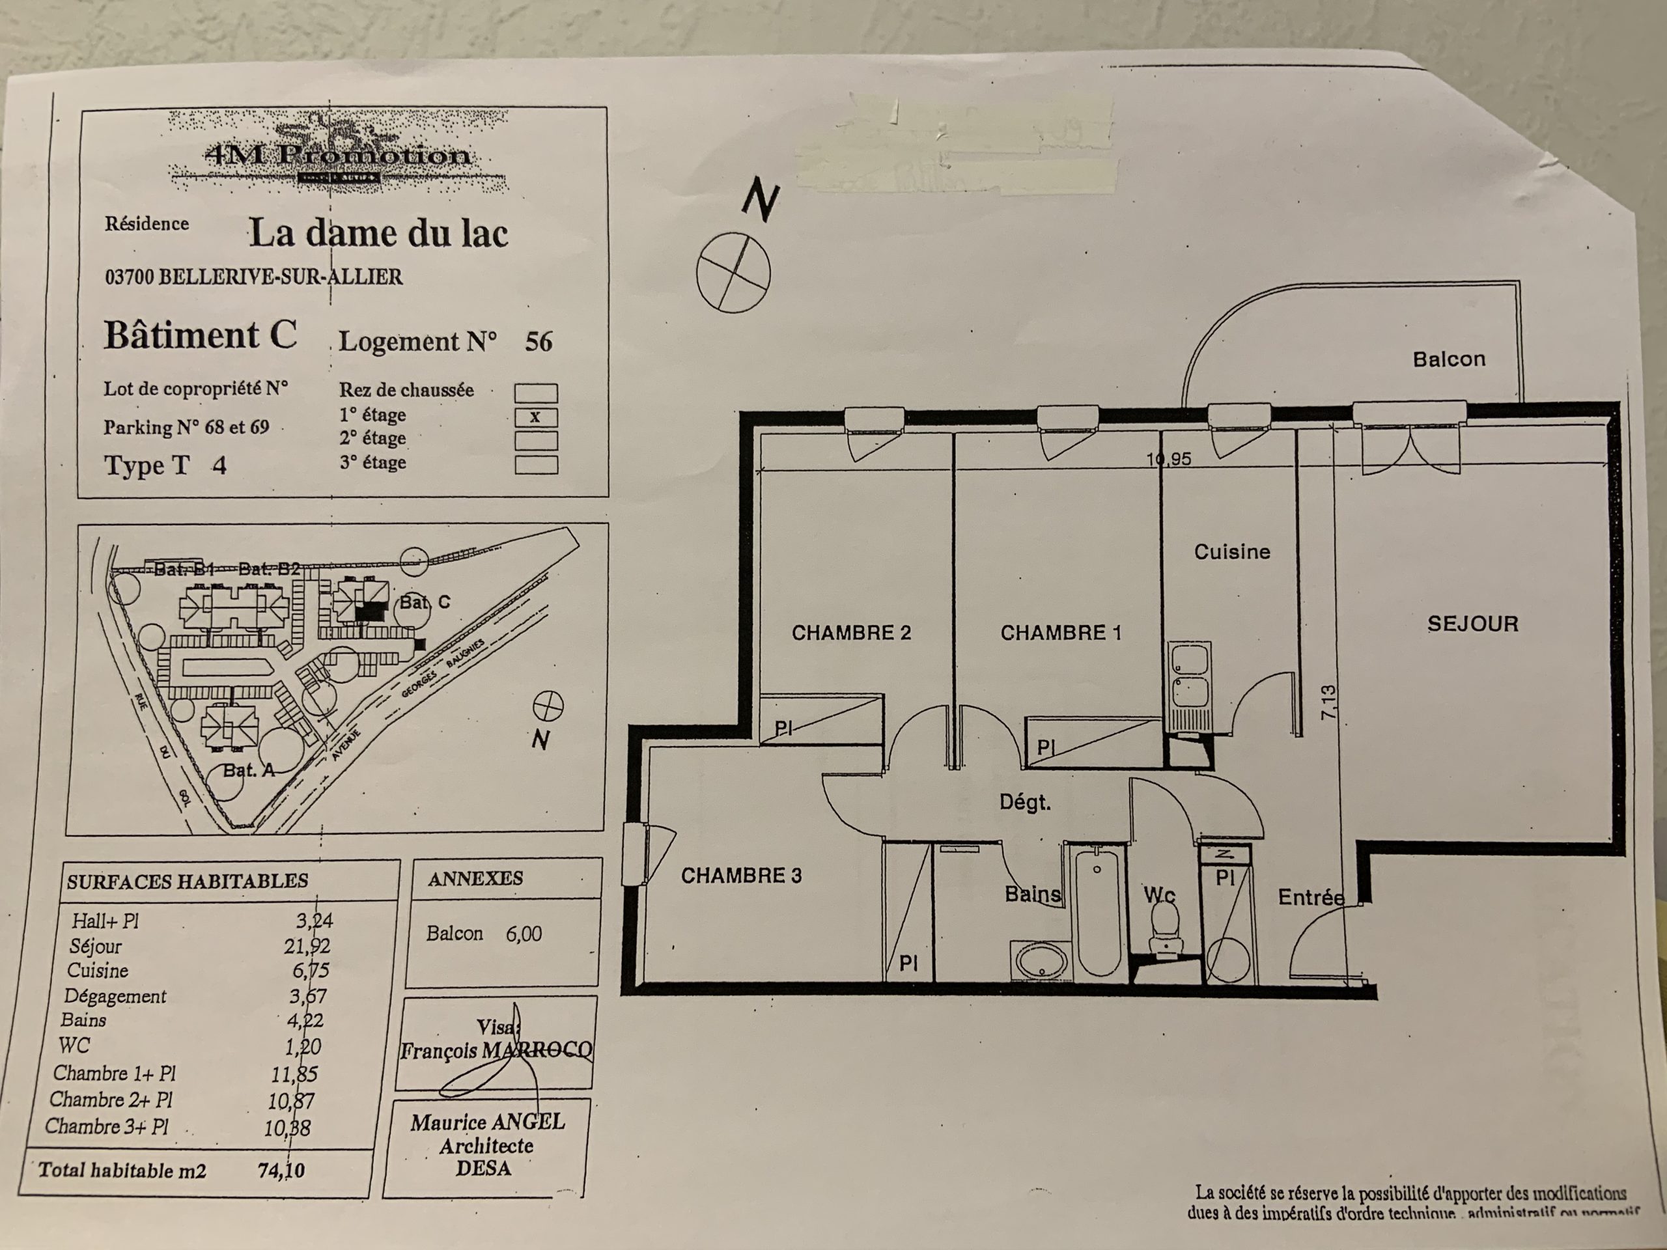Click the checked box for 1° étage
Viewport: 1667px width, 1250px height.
click(536, 417)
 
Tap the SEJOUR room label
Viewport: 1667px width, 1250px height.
click(1472, 624)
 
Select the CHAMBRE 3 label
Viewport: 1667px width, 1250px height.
click(741, 876)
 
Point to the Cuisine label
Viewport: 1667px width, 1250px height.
click(1232, 552)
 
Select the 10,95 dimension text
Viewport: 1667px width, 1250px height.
click(1169, 459)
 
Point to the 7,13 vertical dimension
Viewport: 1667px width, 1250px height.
click(1328, 701)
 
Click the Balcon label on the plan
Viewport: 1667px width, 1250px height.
click(1448, 359)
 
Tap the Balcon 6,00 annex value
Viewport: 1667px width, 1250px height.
click(523, 934)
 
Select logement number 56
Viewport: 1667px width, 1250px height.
click(538, 342)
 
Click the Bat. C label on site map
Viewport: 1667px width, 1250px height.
click(425, 602)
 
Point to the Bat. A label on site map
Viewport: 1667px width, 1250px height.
click(248, 770)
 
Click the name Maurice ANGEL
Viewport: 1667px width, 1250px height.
click(487, 1122)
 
